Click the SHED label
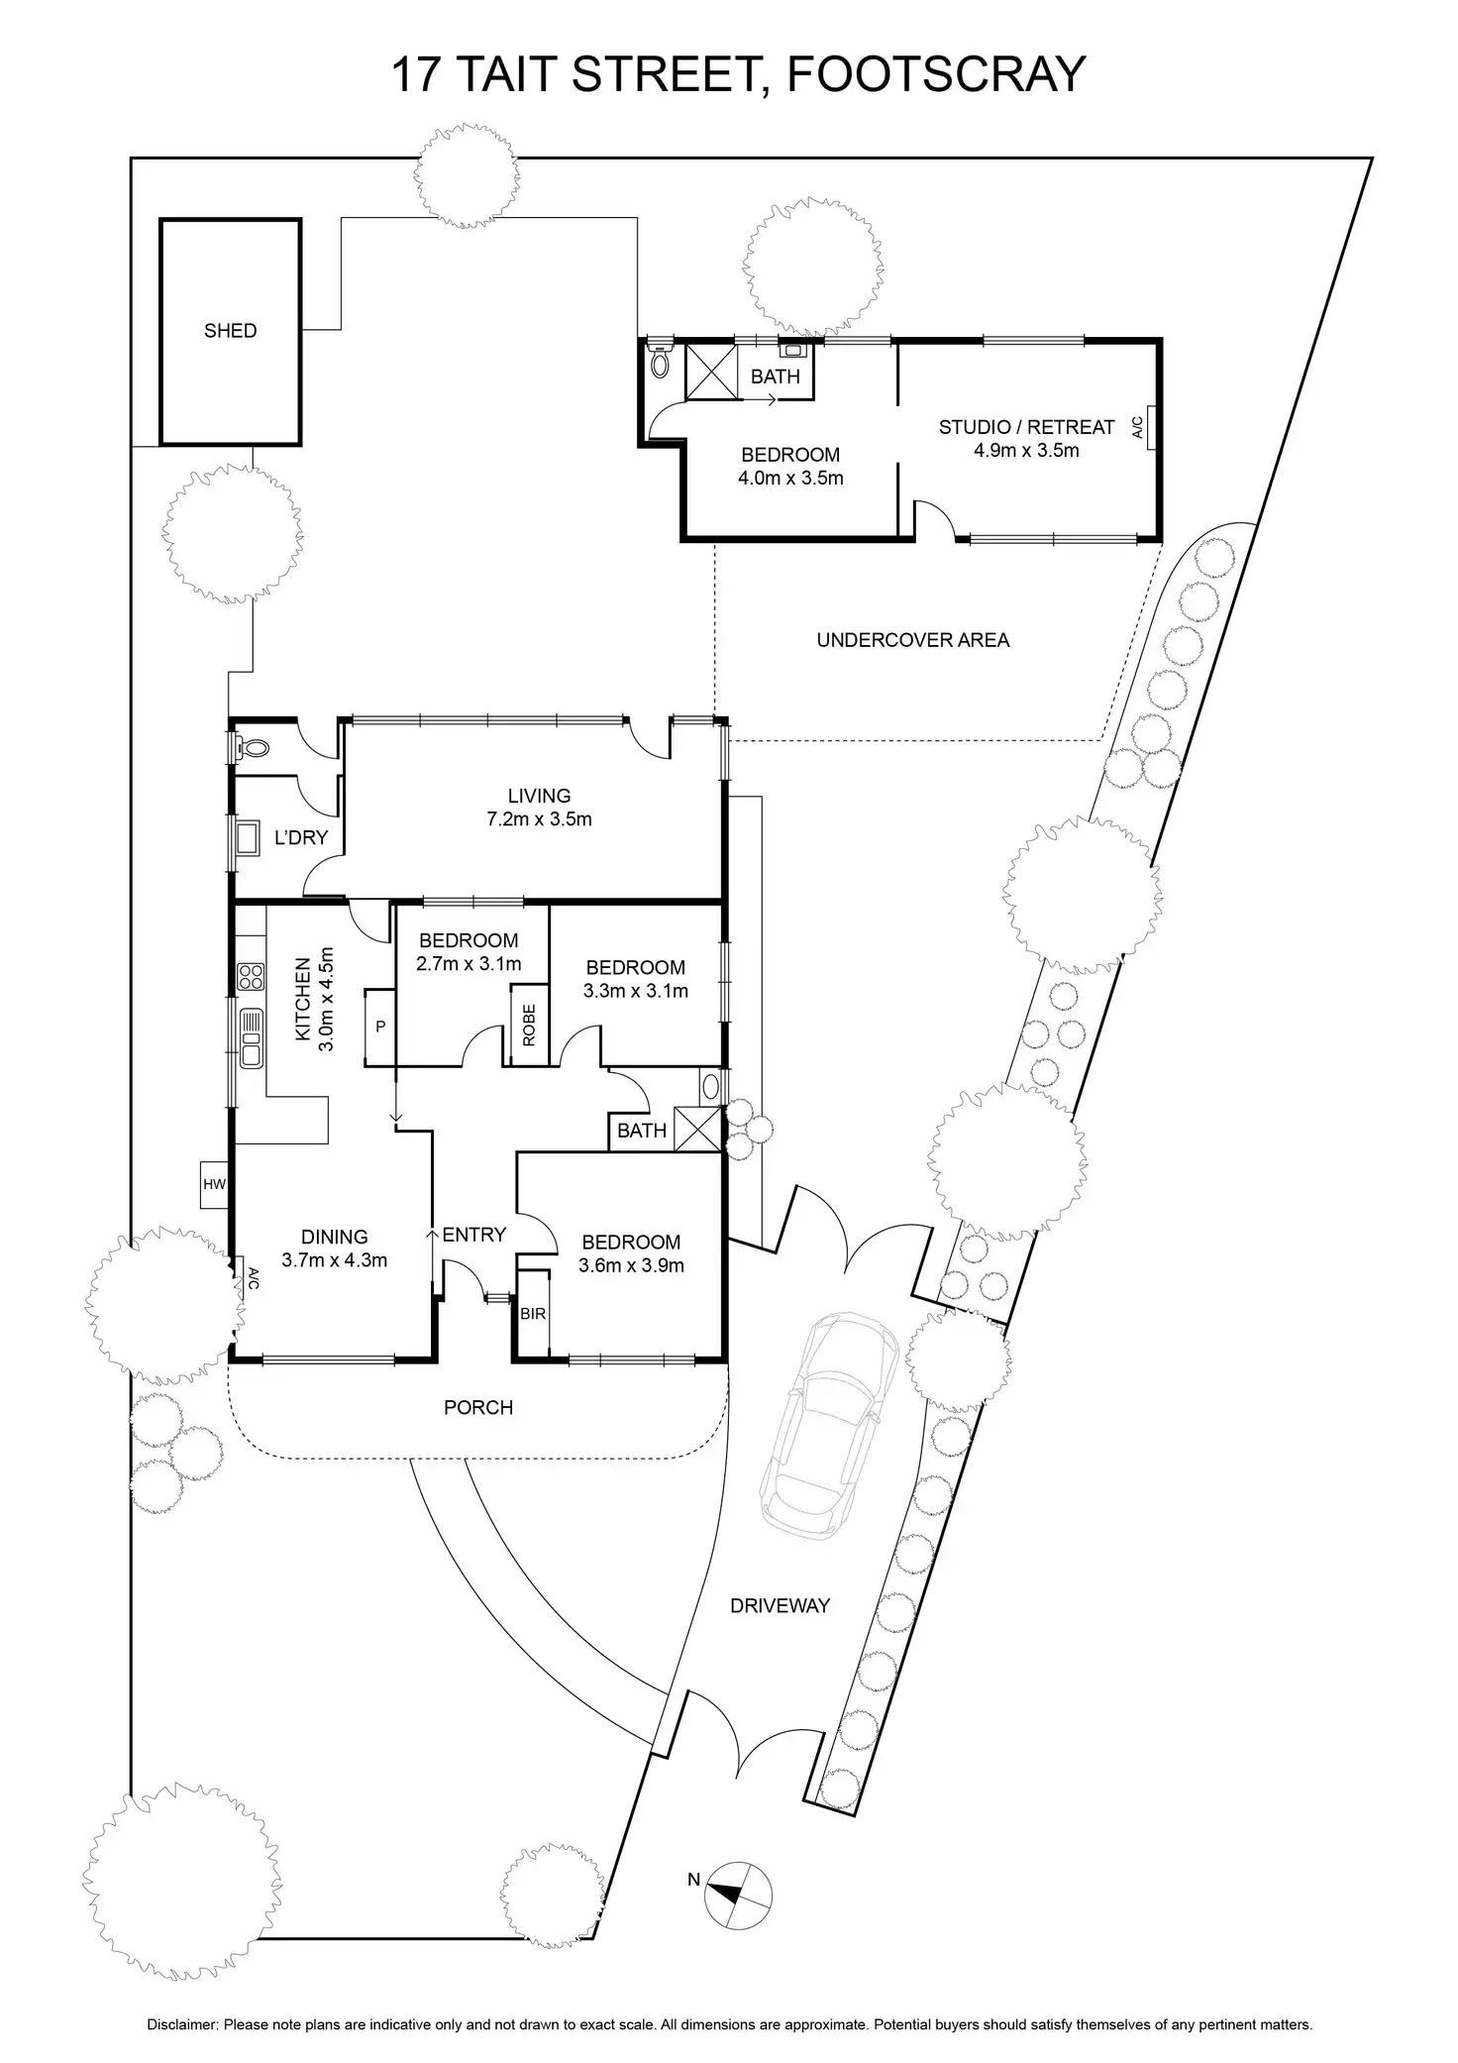(230, 331)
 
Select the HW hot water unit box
(214, 1184)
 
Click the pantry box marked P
(380, 1028)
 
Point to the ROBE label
(529, 1026)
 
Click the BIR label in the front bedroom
(533, 1314)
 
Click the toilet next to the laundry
(253, 749)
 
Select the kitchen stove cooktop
(251, 977)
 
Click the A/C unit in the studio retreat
(1149, 427)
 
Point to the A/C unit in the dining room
(241, 1277)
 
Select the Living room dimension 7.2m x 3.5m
(539, 819)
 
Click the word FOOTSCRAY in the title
(936, 74)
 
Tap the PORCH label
(478, 1407)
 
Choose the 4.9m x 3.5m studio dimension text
(1026, 450)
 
